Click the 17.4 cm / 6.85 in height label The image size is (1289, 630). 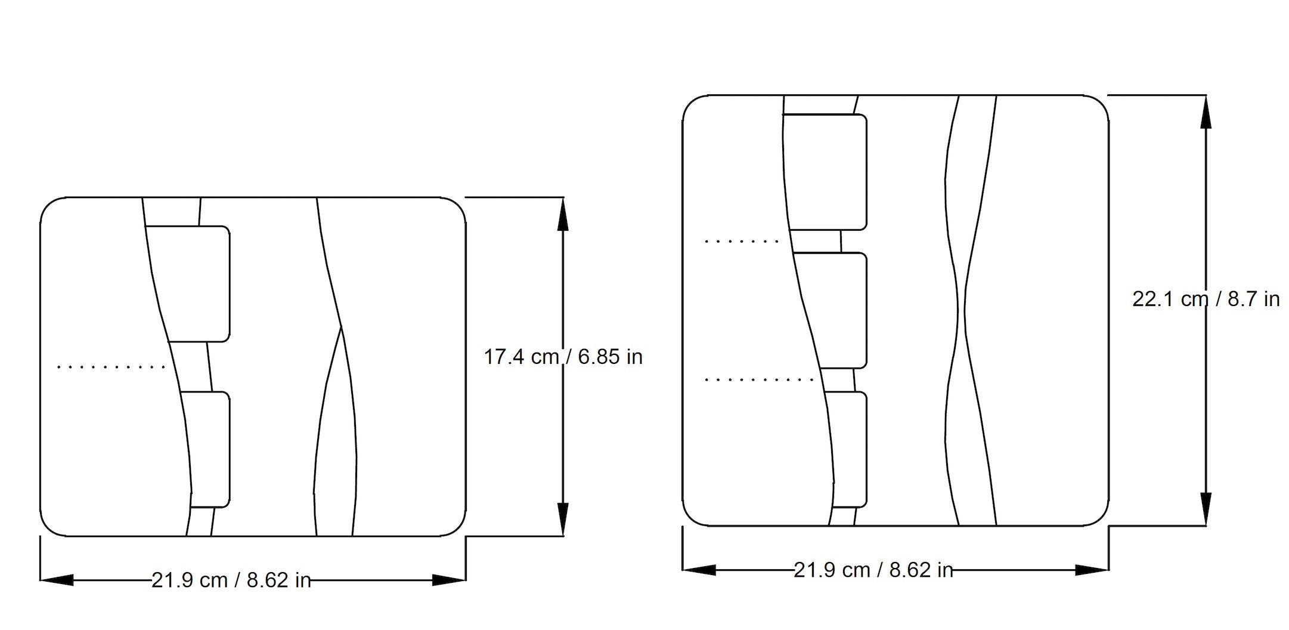[563, 357]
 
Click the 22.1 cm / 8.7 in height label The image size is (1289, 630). [1206, 299]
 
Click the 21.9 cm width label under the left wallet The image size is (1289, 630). [231, 580]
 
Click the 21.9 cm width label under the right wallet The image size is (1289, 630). [873, 570]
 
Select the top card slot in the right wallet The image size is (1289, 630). [826, 171]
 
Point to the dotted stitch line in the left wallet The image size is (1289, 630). [111, 367]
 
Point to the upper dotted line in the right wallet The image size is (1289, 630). [741, 242]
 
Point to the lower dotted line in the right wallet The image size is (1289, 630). [759, 379]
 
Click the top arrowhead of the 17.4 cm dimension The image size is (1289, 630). [562, 214]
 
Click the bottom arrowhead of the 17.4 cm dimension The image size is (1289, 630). [562, 519]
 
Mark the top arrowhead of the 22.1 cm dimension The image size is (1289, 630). [1206, 112]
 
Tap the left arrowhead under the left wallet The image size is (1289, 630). [57, 580]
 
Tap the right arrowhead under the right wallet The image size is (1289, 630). [1092, 570]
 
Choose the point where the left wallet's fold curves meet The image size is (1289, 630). [342, 327]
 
